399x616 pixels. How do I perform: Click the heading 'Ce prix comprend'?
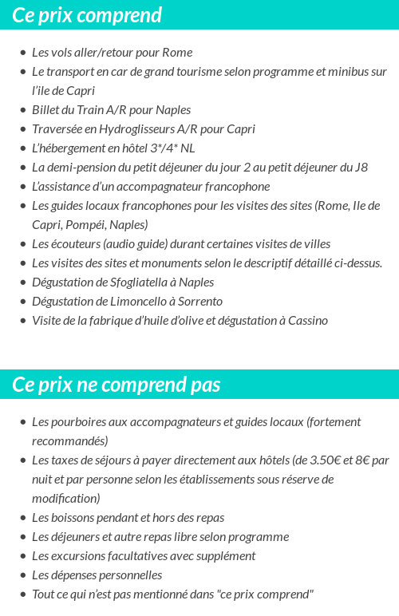87,15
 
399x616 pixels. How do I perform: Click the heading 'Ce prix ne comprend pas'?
117,385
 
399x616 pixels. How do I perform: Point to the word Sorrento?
197,302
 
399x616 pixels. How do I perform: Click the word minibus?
345,72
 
